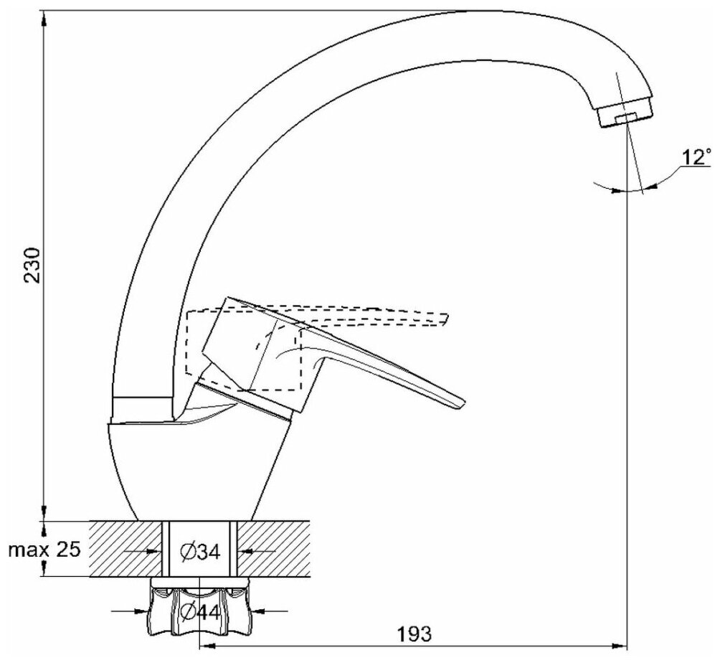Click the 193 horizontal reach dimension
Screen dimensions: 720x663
(x=415, y=634)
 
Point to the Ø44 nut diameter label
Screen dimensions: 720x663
(x=199, y=612)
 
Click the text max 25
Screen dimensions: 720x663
(x=45, y=550)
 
